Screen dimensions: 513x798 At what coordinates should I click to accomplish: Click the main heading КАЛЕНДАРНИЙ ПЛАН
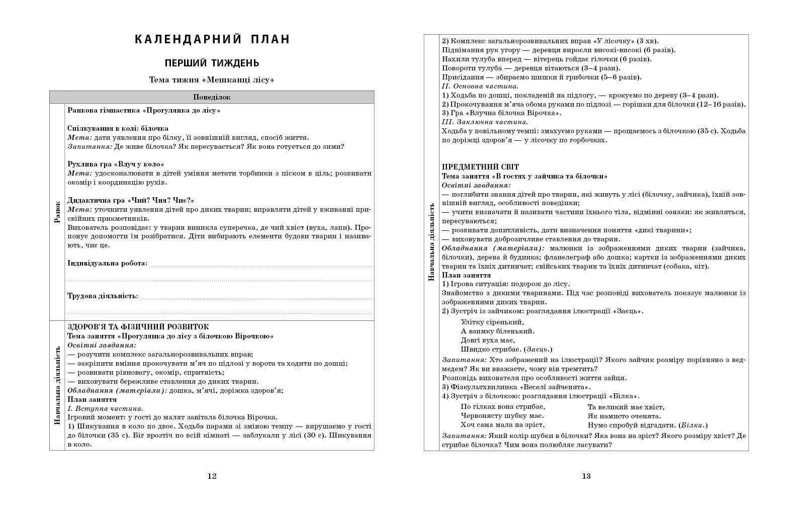(212, 39)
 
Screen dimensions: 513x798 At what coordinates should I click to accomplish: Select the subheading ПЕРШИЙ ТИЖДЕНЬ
(212, 63)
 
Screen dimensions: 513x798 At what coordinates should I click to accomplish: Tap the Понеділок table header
(212, 97)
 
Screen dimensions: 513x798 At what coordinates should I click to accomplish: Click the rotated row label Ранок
(57, 212)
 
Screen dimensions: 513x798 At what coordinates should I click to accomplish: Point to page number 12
(212, 476)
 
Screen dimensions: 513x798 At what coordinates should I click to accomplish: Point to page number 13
(586, 476)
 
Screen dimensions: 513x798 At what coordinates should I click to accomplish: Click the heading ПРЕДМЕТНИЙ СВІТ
(480, 167)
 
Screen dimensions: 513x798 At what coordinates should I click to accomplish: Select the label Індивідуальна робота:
(108, 263)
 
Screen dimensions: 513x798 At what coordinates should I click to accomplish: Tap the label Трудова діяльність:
(103, 296)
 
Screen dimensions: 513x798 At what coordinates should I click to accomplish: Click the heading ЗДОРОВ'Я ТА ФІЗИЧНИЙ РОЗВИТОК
(138, 327)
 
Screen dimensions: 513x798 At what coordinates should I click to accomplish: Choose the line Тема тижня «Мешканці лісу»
(212, 79)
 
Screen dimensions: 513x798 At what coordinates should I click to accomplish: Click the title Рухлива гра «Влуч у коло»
(116, 164)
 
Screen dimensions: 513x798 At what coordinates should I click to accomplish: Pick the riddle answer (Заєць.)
(538, 349)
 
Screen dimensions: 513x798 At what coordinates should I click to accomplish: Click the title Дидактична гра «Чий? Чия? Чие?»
(131, 200)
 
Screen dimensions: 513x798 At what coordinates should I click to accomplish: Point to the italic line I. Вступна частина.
(105, 408)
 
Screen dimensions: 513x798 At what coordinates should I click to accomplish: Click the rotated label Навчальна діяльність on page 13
(431, 242)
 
